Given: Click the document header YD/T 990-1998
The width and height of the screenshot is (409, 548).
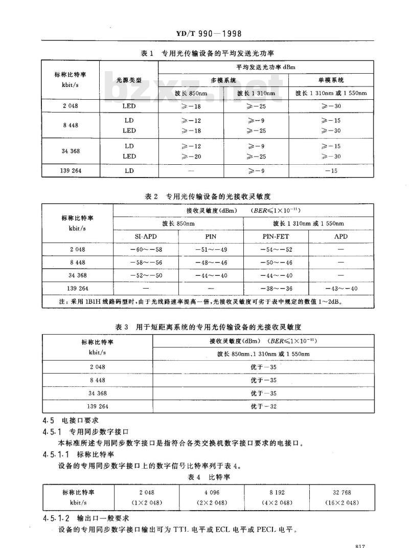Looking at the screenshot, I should click(204, 34).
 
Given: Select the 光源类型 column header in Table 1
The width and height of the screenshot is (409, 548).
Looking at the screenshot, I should click(129, 81).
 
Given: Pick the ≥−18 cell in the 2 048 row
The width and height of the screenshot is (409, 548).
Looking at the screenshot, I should click(191, 106).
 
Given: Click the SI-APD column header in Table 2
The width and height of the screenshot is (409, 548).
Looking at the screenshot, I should click(146, 237).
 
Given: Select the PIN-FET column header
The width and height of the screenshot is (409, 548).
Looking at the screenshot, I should click(276, 237).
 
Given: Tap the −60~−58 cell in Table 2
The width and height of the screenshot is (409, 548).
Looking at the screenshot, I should click(146, 249).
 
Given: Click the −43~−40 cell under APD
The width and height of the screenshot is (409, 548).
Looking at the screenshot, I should click(340, 289).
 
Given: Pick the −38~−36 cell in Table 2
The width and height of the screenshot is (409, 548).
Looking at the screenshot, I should click(276, 289).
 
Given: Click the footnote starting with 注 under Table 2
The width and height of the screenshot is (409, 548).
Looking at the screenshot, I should click(199, 302).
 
